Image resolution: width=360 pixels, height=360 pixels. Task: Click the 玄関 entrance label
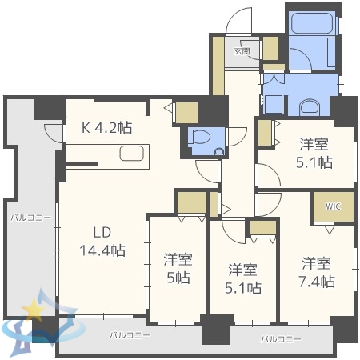coord(242,50)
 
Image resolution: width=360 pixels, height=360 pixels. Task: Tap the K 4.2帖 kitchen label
coord(106,128)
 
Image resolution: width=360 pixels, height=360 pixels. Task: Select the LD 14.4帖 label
coord(102,242)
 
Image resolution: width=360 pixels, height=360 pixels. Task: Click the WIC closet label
coord(333,206)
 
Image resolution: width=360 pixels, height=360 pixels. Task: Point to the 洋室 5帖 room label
coord(178,269)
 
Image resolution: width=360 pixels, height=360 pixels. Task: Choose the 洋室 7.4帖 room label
coord(317,272)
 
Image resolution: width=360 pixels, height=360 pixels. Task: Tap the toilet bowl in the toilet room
coord(198,137)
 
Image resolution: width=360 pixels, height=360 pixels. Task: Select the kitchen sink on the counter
coord(132,154)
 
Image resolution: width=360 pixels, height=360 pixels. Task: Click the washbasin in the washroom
coord(310,108)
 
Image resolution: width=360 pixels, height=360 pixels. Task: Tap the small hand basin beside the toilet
coord(219,152)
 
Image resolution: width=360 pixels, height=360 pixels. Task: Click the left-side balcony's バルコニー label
coord(31,218)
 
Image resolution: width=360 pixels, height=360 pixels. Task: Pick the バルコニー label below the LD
coord(130,335)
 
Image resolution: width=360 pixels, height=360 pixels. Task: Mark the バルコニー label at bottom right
coord(281,339)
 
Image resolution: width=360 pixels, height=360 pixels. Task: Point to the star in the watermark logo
coord(34,310)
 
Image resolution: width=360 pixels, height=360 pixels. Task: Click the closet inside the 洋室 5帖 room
coord(192,202)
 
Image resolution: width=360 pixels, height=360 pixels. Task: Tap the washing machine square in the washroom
coord(273,104)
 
